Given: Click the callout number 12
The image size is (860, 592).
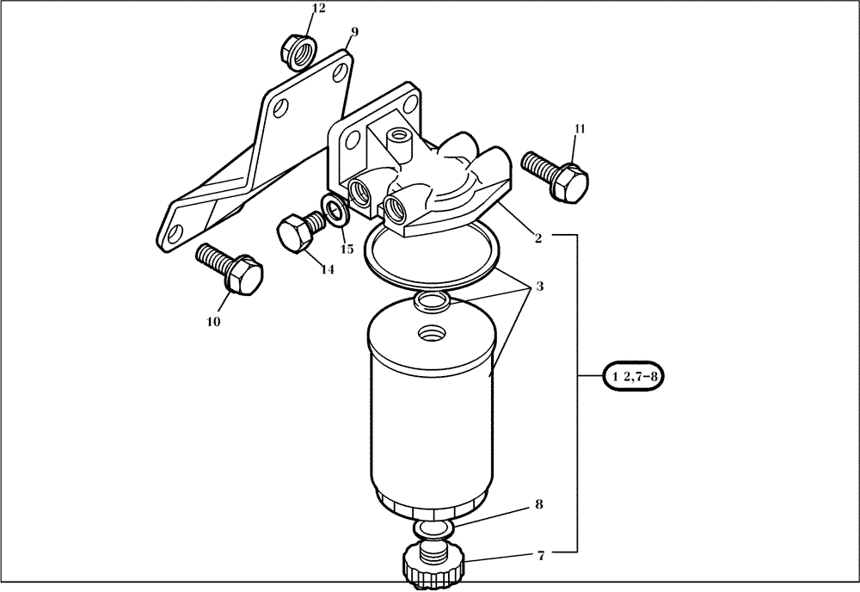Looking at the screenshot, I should tap(295, 9).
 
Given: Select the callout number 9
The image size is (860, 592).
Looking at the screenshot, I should tap(354, 32).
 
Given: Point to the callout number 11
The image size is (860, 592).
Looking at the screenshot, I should tap(580, 129).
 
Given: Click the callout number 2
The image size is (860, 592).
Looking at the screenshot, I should tap(537, 238).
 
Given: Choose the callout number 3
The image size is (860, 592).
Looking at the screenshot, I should tap(539, 286).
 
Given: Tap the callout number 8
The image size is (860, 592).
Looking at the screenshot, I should tap(539, 505).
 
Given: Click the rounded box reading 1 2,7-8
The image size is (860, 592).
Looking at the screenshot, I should tap(636, 376).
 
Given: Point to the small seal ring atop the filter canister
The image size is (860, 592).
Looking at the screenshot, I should tap(430, 301).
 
